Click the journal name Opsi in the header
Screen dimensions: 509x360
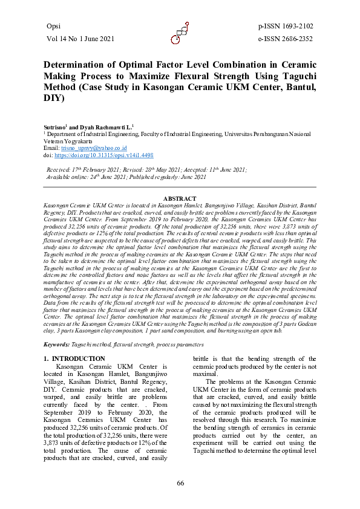(x=54, y=26)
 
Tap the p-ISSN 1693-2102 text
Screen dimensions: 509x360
(x=285, y=26)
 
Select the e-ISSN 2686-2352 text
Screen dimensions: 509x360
(x=285, y=39)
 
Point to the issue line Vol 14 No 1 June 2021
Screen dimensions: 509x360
(x=80, y=39)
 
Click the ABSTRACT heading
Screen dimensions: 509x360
(x=180, y=199)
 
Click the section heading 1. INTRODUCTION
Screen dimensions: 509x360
(x=75, y=359)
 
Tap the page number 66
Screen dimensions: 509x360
(x=180, y=482)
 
